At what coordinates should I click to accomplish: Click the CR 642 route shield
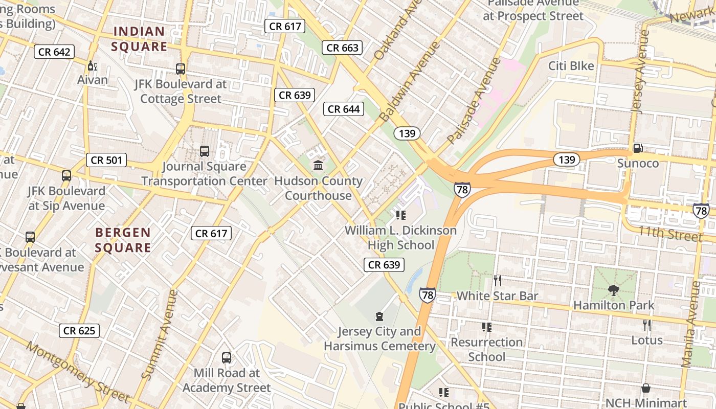[x=54, y=52]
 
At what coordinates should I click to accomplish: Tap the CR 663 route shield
[x=342, y=48]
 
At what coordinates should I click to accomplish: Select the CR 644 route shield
[x=344, y=109]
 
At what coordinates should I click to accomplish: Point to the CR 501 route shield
[x=106, y=160]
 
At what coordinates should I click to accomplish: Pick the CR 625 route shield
[x=79, y=330]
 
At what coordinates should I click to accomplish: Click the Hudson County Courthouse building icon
[x=318, y=165]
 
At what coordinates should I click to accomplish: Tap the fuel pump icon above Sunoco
[x=637, y=148]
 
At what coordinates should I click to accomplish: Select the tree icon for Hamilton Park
[x=613, y=290]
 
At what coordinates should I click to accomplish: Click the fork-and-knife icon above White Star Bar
[x=497, y=280]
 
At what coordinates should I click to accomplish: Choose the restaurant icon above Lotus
[x=647, y=325]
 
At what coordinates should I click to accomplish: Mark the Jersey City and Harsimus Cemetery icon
[x=379, y=316]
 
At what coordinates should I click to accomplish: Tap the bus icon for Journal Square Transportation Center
[x=205, y=151]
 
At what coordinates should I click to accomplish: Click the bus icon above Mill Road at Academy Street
[x=227, y=357]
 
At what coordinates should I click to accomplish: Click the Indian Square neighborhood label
[x=140, y=39]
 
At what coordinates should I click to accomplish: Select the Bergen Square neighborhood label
[x=123, y=240]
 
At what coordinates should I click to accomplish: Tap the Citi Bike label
[x=571, y=66]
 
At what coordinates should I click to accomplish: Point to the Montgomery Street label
[x=77, y=371]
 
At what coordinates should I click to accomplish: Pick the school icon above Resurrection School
[x=486, y=327]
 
